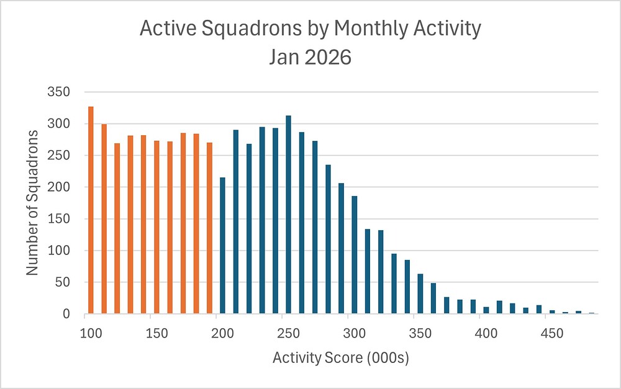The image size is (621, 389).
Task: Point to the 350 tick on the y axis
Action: (x=59, y=92)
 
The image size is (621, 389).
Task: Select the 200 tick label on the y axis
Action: (x=59, y=187)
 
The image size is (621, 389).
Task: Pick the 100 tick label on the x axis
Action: (x=91, y=333)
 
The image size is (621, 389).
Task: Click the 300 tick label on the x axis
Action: (x=354, y=333)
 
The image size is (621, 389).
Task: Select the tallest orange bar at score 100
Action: (x=91, y=210)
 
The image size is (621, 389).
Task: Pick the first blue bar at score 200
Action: (x=222, y=246)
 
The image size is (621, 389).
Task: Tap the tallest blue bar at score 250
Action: (x=288, y=215)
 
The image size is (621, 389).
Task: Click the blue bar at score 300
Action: (x=354, y=255)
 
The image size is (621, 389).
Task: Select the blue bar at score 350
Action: (x=420, y=294)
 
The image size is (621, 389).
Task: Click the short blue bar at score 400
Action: (x=486, y=310)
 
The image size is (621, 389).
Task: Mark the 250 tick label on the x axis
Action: (x=288, y=333)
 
